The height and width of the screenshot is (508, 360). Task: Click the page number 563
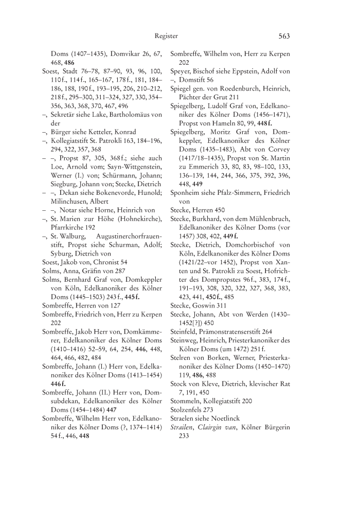[284, 36]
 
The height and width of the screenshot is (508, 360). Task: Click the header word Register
[166, 36]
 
